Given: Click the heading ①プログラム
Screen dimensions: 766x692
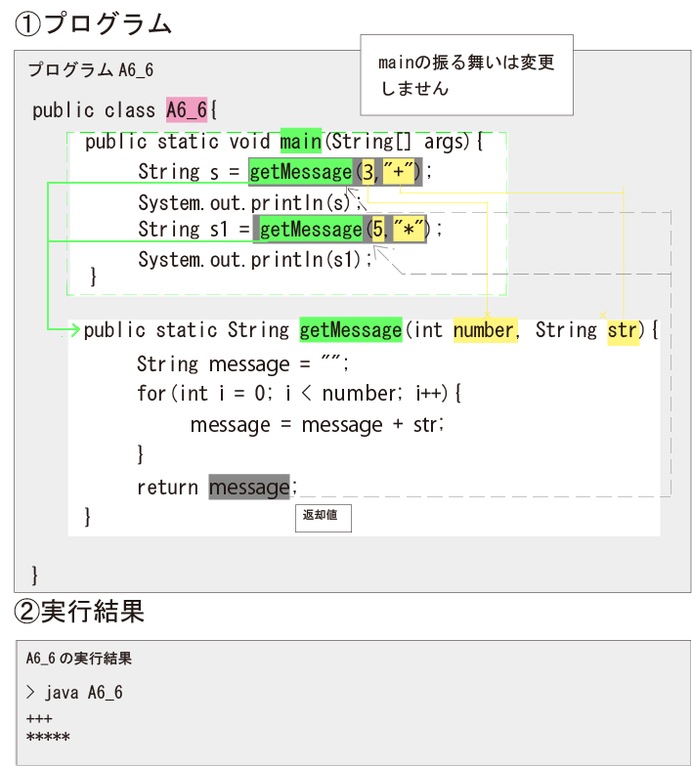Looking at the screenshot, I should pyautogui.click(x=93, y=23).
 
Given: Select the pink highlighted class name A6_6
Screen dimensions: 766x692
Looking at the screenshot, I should pyautogui.click(x=186, y=110).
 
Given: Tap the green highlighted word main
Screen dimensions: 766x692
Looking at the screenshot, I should pyautogui.click(x=301, y=142).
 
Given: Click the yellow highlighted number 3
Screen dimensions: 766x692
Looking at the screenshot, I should pyautogui.click(x=368, y=172).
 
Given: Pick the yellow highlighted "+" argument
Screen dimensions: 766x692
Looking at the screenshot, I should pyautogui.click(x=400, y=172).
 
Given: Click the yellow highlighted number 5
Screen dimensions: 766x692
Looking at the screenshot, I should pyautogui.click(x=376, y=230).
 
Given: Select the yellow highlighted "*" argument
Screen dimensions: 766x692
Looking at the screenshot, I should pyautogui.click(x=409, y=230).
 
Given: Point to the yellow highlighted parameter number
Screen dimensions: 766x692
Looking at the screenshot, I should pyautogui.click(x=483, y=330).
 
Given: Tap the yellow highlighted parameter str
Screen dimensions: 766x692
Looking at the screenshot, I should pyautogui.click(x=623, y=330).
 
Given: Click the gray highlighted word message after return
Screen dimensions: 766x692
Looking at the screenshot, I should pyautogui.click(x=249, y=487).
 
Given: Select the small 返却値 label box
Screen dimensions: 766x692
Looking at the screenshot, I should pyautogui.click(x=323, y=517).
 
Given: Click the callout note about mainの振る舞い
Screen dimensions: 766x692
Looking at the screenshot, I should pyautogui.click(x=466, y=75).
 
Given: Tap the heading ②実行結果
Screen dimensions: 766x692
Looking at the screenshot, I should pyautogui.click(x=79, y=612).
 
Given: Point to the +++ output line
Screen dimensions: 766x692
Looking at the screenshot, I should pyautogui.click(x=39, y=719).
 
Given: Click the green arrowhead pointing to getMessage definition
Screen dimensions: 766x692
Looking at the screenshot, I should pyautogui.click(x=73, y=330).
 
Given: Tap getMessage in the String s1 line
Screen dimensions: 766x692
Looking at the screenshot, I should pyautogui.click(x=311, y=230).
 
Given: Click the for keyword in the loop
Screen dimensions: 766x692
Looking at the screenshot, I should pyautogui.click(x=152, y=394).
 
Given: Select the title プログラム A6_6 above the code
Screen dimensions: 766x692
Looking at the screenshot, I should pyautogui.click(x=90, y=70).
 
